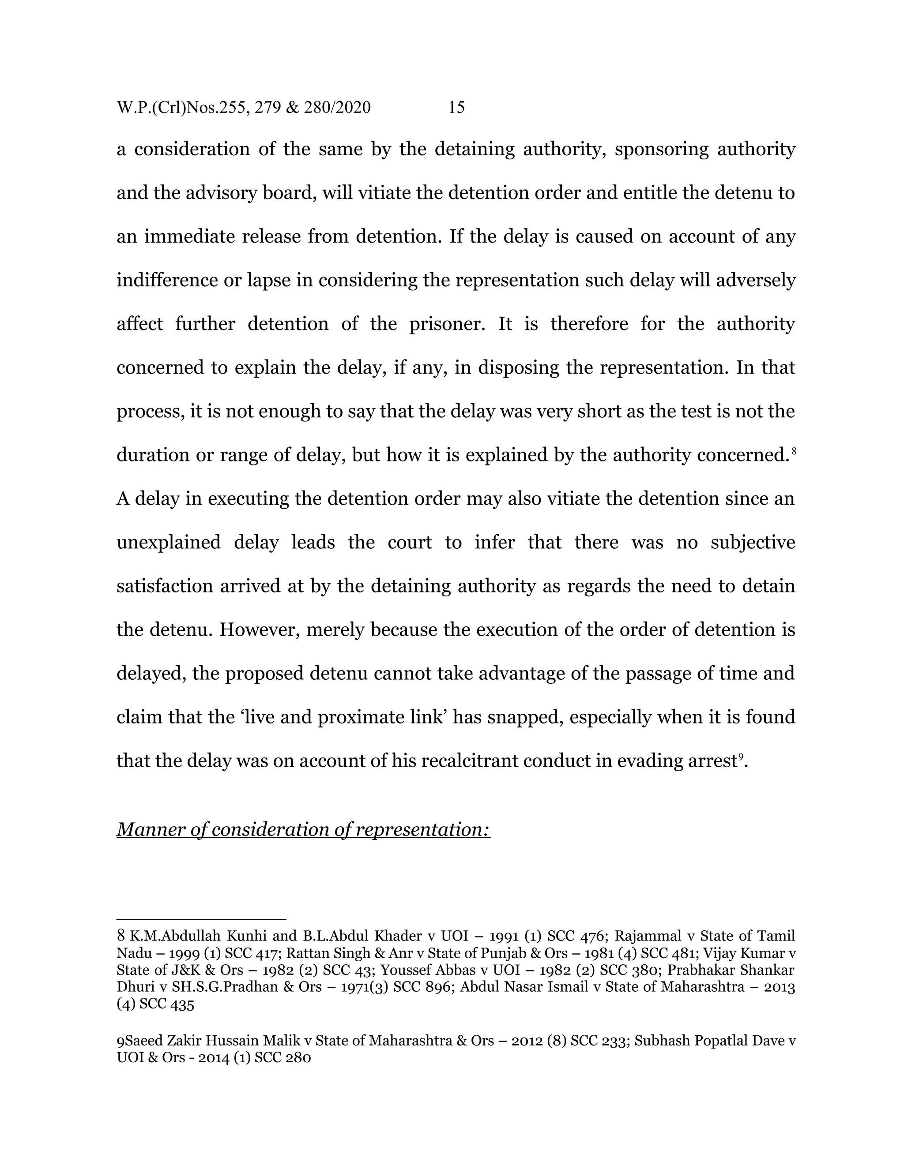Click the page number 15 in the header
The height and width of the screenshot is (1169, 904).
click(x=456, y=108)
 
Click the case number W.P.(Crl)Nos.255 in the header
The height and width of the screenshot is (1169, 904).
click(x=181, y=108)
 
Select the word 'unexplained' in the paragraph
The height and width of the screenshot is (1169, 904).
click(x=168, y=542)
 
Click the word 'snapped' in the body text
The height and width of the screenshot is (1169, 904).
click(x=525, y=717)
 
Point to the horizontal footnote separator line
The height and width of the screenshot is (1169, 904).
click(x=201, y=919)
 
